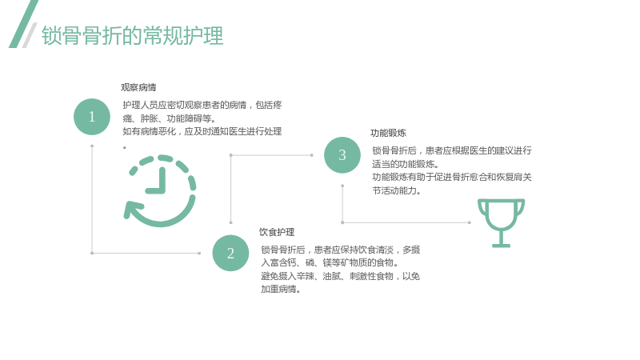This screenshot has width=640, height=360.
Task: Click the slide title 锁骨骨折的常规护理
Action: pos(133,35)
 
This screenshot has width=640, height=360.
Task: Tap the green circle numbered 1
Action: pos(92,117)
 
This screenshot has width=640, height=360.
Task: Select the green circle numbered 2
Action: pos(230,253)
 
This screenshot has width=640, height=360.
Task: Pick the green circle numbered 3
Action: pos(342,155)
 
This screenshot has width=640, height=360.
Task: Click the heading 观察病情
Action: pos(138,87)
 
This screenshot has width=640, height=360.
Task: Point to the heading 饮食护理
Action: pos(277,232)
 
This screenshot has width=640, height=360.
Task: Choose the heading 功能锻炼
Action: pos(388,133)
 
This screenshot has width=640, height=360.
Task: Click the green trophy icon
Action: pos(502,223)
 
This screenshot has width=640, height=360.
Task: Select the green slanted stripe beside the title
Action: pos(24,24)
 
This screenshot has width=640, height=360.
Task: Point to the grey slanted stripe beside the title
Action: pos(30,35)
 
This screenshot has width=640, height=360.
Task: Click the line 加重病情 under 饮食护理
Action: pos(281,290)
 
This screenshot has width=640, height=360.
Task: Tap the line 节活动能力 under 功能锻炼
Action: pos(396,190)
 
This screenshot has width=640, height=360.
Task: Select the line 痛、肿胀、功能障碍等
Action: pos(169,118)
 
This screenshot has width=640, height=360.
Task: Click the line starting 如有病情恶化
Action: pos(202,131)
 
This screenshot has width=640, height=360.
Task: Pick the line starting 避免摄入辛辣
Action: pos(341,276)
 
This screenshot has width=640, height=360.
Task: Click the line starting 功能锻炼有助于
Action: pos(452,177)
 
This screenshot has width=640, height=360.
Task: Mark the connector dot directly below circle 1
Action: pos(92,146)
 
